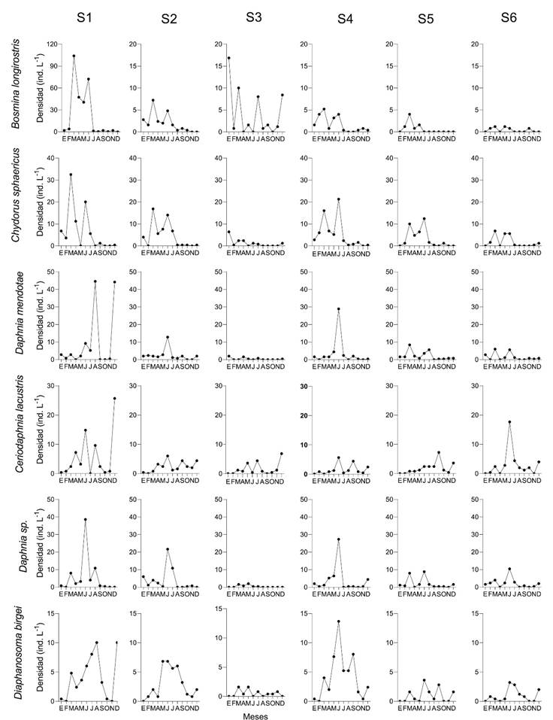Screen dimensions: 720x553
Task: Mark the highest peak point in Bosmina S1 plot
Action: [x=74, y=56]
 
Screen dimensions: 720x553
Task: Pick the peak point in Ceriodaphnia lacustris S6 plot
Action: [x=509, y=422]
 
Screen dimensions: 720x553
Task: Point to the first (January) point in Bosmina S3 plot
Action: [x=228, y=58]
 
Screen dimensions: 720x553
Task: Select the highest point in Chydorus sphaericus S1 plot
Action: [x=71, y=175]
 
